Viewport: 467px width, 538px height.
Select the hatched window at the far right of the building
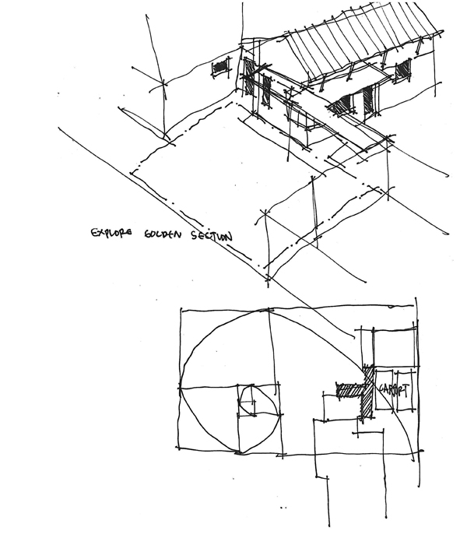click(x=402, y=70)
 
